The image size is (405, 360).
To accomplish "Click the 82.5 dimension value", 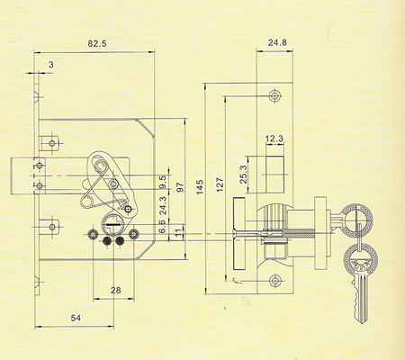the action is [x=97, y=44].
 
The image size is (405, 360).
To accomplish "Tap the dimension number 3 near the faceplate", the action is [x=51, y=65].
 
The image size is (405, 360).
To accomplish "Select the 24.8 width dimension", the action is [x=277, y=42].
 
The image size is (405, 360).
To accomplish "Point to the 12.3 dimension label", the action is [x=274, y=139].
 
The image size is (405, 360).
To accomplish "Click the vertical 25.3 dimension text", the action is [x=243, y=175].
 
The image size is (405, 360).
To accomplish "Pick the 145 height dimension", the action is [x=199, y=186].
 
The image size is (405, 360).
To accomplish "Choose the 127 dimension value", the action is [x=220, y=184].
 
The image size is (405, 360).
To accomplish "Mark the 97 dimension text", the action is [x=180, y=187].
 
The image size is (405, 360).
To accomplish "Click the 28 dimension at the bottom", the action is [x=116, y=290].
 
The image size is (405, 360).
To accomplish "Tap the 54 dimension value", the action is [x=76, y=318].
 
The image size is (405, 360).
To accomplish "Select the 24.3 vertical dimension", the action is [x=163, y=204].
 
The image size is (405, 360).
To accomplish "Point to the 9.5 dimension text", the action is [x=163, y=182].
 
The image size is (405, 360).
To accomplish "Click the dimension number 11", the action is [x=178, y=233].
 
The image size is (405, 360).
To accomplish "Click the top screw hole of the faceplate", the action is [x=274, y=95].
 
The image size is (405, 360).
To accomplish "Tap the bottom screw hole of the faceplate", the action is [x=274, y=281].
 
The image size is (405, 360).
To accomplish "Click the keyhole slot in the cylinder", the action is [x=112, y=224].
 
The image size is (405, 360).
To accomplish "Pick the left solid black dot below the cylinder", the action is [x=106, y=241].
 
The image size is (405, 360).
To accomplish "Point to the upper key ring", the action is [x=357, y=219].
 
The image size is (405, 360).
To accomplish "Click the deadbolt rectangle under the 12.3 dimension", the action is [x=274, y=174].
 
